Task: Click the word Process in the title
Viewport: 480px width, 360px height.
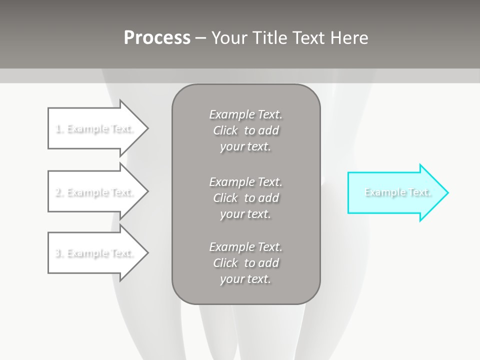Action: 157,38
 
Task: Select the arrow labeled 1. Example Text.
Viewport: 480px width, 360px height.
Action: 95,128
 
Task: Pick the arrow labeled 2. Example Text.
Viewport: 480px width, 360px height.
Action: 95,192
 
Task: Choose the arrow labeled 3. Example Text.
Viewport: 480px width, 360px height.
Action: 95,253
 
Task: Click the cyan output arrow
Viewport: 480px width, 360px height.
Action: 395,192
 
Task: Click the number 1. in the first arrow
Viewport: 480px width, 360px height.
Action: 59,129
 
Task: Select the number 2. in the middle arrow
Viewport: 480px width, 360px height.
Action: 59,192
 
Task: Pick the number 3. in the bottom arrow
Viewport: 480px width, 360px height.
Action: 59,253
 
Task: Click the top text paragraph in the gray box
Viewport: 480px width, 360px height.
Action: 246,130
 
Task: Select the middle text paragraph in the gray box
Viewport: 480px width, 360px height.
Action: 246,197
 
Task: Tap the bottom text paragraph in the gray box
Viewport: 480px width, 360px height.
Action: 246,263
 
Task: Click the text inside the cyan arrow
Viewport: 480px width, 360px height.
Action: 398,192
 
